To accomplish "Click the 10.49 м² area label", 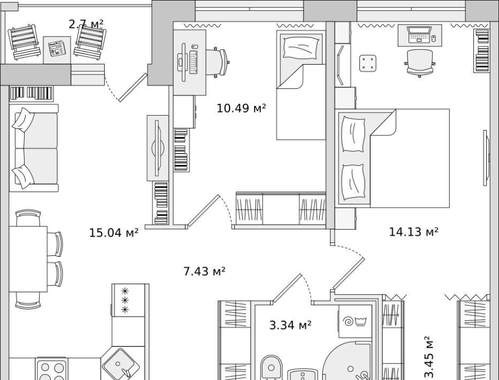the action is pos(241,108).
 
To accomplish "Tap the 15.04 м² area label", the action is pos(113,233).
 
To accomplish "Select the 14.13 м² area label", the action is pos(414,232).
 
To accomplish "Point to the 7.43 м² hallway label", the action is pos(204,271).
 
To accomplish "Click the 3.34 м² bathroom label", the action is pos(290,325).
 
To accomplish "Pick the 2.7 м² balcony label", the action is pos(86,24).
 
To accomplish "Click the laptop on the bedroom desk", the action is pos(419,34).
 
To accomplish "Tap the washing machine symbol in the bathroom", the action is pos(355,321).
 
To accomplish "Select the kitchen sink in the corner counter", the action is pos(121,363).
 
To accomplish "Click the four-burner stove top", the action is pos(51,369).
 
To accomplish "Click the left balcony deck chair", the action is pos(25,42).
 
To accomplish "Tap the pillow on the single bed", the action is pos(301,48).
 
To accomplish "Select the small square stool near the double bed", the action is pos(368,63).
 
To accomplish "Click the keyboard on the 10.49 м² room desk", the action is pos(194,62).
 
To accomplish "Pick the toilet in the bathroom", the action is pos(271,368).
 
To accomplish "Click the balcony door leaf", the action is pos(133,88).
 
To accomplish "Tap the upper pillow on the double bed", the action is pos(353,134).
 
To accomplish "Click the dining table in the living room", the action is pos(28,259).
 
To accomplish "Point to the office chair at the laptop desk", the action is pos(420,63).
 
